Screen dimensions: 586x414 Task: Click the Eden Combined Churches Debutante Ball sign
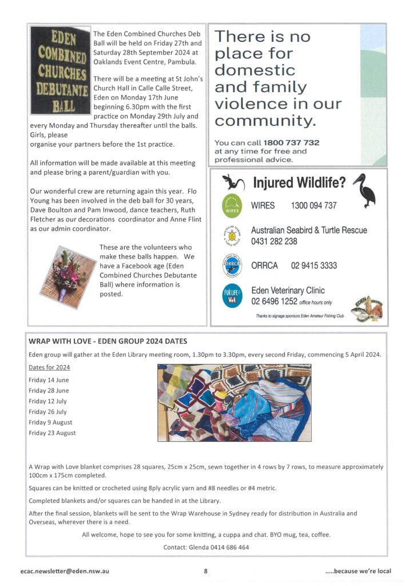60,70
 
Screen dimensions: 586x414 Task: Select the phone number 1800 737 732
291,142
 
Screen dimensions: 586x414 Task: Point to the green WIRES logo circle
231,205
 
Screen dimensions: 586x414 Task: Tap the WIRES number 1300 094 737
313,205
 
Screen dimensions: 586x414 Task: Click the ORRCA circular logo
231,266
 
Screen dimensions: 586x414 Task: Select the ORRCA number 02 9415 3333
314,266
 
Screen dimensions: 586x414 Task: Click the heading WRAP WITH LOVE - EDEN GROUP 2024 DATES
108,342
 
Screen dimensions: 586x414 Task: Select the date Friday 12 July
47,401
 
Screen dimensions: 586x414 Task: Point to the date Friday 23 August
52,433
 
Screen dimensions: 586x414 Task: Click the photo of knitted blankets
234,402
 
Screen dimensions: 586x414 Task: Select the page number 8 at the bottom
206,571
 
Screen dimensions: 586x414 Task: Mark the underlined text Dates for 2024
49,367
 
